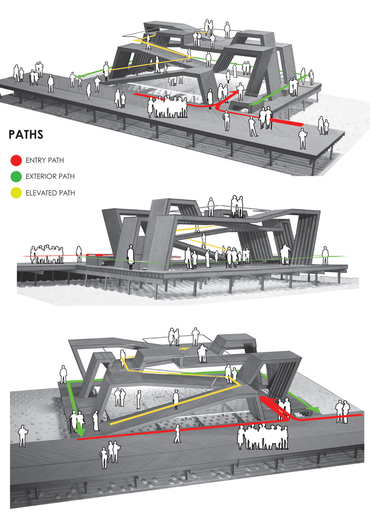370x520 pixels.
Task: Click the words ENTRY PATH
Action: click(x=45, y=160)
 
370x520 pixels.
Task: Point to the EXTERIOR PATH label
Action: click(x=50, y=176)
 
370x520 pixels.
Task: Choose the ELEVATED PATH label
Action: click(x=50, y=193)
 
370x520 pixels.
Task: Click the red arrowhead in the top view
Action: click(x=235, y=93)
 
